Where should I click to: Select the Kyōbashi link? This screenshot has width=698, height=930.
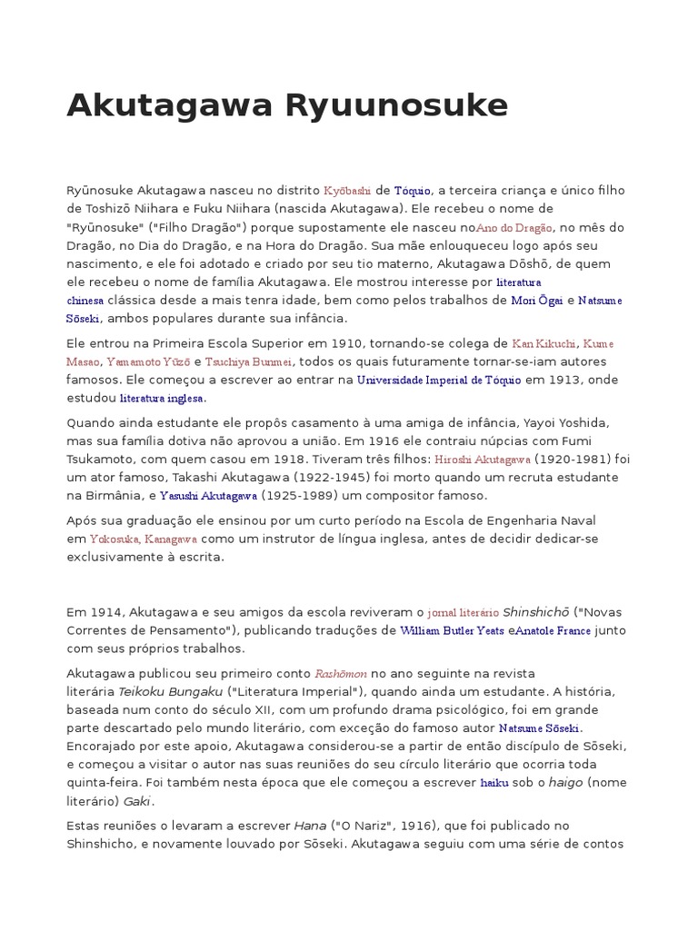pos(348,191)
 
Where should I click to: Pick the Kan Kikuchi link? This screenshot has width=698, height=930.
pos(544,343)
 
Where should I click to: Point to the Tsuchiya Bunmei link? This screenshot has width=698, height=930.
pos(242,361)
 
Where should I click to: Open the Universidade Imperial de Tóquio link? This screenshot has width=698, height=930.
pos(439,380)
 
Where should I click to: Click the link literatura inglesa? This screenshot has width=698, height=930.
pos(163,398)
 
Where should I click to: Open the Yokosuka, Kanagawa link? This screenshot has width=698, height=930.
pos(145,539)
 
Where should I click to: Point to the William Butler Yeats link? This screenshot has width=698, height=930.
pos(451,630)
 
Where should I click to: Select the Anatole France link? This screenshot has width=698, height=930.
pos(553,630)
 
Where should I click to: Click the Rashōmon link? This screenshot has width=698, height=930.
pos(341,674)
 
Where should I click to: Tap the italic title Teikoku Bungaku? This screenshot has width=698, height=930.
pos(170,691)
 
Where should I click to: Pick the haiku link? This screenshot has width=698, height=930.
pos(494,783)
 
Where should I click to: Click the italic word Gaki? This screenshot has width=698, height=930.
pos(139,801)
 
